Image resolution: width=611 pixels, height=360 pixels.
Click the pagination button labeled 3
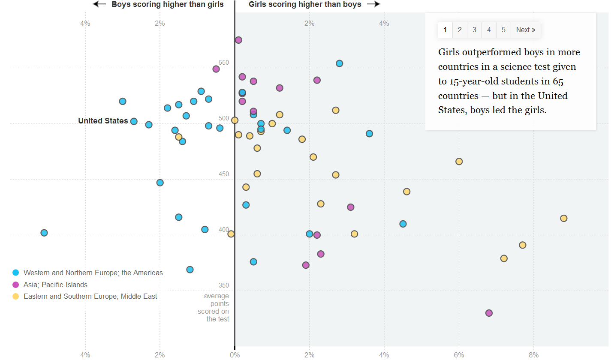tap(474, 30)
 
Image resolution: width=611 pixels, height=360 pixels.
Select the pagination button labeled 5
tap(503, 30)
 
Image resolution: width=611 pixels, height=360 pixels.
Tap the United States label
tap(103, 121)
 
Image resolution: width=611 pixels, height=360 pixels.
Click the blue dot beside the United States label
tap(134, 121)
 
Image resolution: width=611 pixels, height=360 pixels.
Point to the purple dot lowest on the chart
tap(489, 313)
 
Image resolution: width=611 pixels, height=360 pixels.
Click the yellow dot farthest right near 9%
tap(563, 218)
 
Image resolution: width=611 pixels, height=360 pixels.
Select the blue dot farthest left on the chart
tap(44, 233)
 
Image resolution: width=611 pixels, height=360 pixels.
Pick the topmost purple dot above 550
tap(238, 40)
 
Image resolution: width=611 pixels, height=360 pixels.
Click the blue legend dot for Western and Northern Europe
tap(16, 273)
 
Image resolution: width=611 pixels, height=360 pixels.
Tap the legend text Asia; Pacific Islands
tap(55, 285)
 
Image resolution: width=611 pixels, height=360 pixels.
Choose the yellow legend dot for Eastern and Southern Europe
tap(16, 296)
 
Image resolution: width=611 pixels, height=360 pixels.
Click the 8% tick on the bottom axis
tap(533, 355)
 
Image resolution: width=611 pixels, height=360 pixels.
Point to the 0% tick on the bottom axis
tap(235, 355)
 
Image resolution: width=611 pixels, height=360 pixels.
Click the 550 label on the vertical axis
tap(224, 63)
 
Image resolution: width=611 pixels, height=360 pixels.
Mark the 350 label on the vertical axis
tap(224, 285)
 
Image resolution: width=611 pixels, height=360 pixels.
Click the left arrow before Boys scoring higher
tap(99, 4)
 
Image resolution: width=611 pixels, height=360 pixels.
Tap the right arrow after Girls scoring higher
tap(373, 4)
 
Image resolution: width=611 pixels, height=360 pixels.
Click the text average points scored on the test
tap(216, 307)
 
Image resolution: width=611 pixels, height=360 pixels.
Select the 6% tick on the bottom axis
tap(459, 355)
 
